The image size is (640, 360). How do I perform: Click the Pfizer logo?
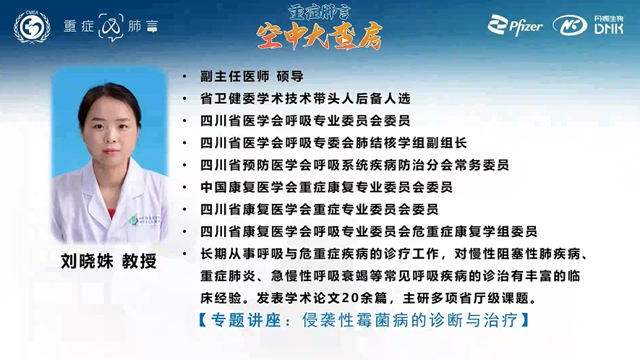click(515, 25)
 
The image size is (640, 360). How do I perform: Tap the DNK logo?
click(588, 25)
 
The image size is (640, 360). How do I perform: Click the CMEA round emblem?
click(32, 27)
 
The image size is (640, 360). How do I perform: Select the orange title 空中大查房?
click(320, 35)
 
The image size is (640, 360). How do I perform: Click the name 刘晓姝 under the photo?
click(87, 261)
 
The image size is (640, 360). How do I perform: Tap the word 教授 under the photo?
click(139, 261)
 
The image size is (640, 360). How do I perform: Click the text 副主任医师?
click(235, 77)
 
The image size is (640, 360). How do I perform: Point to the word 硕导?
click(290, 77)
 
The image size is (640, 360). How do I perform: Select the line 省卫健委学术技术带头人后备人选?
click(305, 98)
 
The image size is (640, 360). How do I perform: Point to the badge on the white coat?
click(145, 220)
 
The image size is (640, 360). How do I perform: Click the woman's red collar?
click(111, 213)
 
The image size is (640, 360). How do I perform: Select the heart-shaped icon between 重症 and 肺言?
click(111, 27)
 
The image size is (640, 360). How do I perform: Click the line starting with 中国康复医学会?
click(326, 187)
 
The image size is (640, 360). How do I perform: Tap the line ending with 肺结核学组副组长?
click(333, 143)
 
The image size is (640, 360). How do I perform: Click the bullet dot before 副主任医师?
click(185, 77)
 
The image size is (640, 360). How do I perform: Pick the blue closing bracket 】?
click(525, 320)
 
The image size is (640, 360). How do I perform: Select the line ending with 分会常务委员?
click(354, 165)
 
